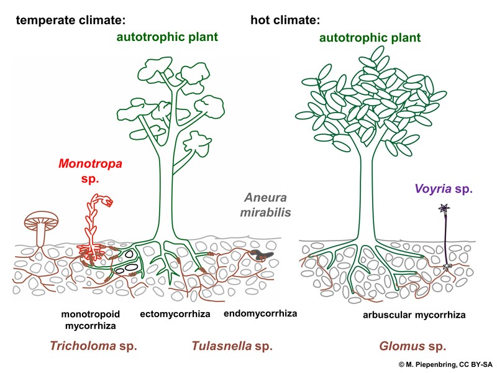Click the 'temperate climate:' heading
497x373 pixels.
click(71, 20)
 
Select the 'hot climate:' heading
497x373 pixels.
click(285, 20)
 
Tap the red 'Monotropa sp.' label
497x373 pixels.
click(90, 171)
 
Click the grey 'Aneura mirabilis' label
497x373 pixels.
click(265, 205)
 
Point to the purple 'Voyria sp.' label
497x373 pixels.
click(444, 189)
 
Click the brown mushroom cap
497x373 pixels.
click(42, 219)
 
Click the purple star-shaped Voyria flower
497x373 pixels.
click(444, 208)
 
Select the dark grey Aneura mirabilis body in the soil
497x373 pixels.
click(262, 254)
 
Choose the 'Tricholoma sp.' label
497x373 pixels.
click(94, 346)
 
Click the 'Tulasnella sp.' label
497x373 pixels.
click(232, 346)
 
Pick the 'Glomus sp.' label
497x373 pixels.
click(413, 346)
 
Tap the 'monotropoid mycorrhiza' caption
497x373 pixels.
click(90, 320)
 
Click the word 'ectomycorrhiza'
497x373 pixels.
click(175, 314)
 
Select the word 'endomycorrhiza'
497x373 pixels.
click(260, 314)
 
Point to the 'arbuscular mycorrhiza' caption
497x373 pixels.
click(414, 315)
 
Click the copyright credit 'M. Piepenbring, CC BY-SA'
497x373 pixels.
click(445, 365)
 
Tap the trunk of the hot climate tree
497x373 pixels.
click(367, 196)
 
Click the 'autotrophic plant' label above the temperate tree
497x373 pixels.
click(167, 37)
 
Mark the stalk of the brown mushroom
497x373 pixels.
click(41, 235)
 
